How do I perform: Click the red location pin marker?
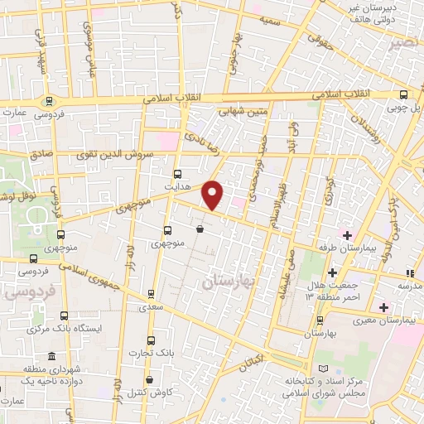click(x=213, y=195)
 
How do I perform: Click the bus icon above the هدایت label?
click(x=177, y=174)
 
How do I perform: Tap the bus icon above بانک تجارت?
click(x=150, y=340)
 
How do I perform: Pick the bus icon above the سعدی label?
click(x=150, y=293)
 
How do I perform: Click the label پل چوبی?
click(x=407, y=108)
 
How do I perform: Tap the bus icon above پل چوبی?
click(x=402, y=94)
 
